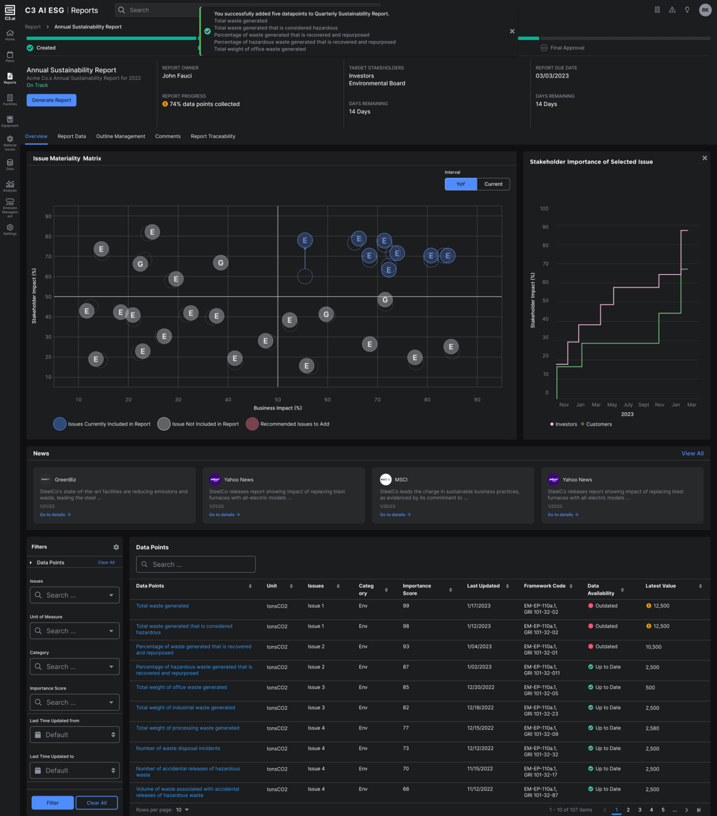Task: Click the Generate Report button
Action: coord(51,100)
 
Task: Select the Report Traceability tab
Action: coord(213,137)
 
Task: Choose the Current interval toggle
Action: coord(493,184)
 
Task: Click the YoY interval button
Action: coord(461,184)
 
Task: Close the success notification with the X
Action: coord(512,31)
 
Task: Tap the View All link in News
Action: coord(692,453)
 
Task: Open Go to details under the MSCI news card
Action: coord(395,515)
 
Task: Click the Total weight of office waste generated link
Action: coord(182,687)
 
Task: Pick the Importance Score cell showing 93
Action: coord(406,647)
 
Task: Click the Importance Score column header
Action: coord(417,589)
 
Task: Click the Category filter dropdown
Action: coord(74,667)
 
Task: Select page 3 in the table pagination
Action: coord(640,810)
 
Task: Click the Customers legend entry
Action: coord(599,424)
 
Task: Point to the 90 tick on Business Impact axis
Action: coord(477,399)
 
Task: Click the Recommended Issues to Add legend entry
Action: coord(294,424)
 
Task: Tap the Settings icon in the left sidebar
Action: coord(10,229)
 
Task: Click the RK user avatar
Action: coord(705,10)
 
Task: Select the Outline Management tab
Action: coord(120,137)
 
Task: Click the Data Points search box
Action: coord(196,564)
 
